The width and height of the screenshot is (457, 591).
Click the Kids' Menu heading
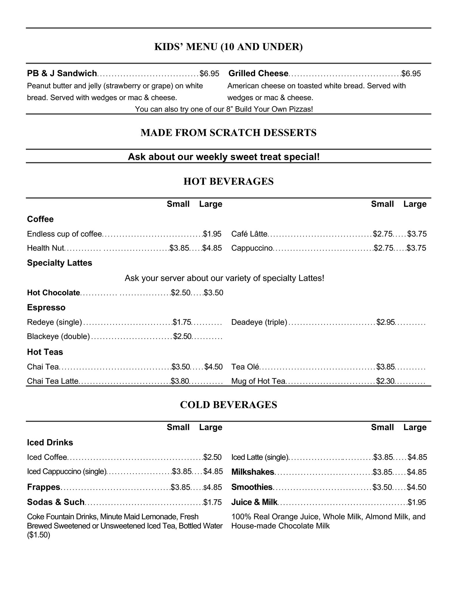point(228,47)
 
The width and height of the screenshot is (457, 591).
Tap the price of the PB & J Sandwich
point(209,74)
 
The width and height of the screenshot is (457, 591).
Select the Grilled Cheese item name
point(258,74)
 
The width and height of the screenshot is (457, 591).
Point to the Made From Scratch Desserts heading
point(228,133)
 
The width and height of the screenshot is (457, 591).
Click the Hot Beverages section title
point(228,182)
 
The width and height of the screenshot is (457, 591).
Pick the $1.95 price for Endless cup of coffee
point(212,234)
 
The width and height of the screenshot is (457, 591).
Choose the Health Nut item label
point(45,248)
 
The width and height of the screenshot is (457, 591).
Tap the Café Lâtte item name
point(249,234)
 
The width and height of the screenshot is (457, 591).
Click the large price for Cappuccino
point(417,248)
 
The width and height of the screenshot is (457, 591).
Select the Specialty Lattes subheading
point(60,263)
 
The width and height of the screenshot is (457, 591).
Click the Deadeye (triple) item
point(259,322)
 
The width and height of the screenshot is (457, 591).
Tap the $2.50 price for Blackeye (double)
point(182,336)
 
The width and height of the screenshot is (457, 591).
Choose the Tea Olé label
point(245,367)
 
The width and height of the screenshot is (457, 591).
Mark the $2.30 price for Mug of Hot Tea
point(385,381)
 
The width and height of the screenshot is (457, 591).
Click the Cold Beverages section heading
point(228,405)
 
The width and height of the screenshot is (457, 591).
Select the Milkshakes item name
point(253,472)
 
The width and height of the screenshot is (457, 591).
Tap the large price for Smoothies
point(417,487)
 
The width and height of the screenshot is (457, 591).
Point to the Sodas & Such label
point(56,502)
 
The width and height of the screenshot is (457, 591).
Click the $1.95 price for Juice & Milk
point(417,502)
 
